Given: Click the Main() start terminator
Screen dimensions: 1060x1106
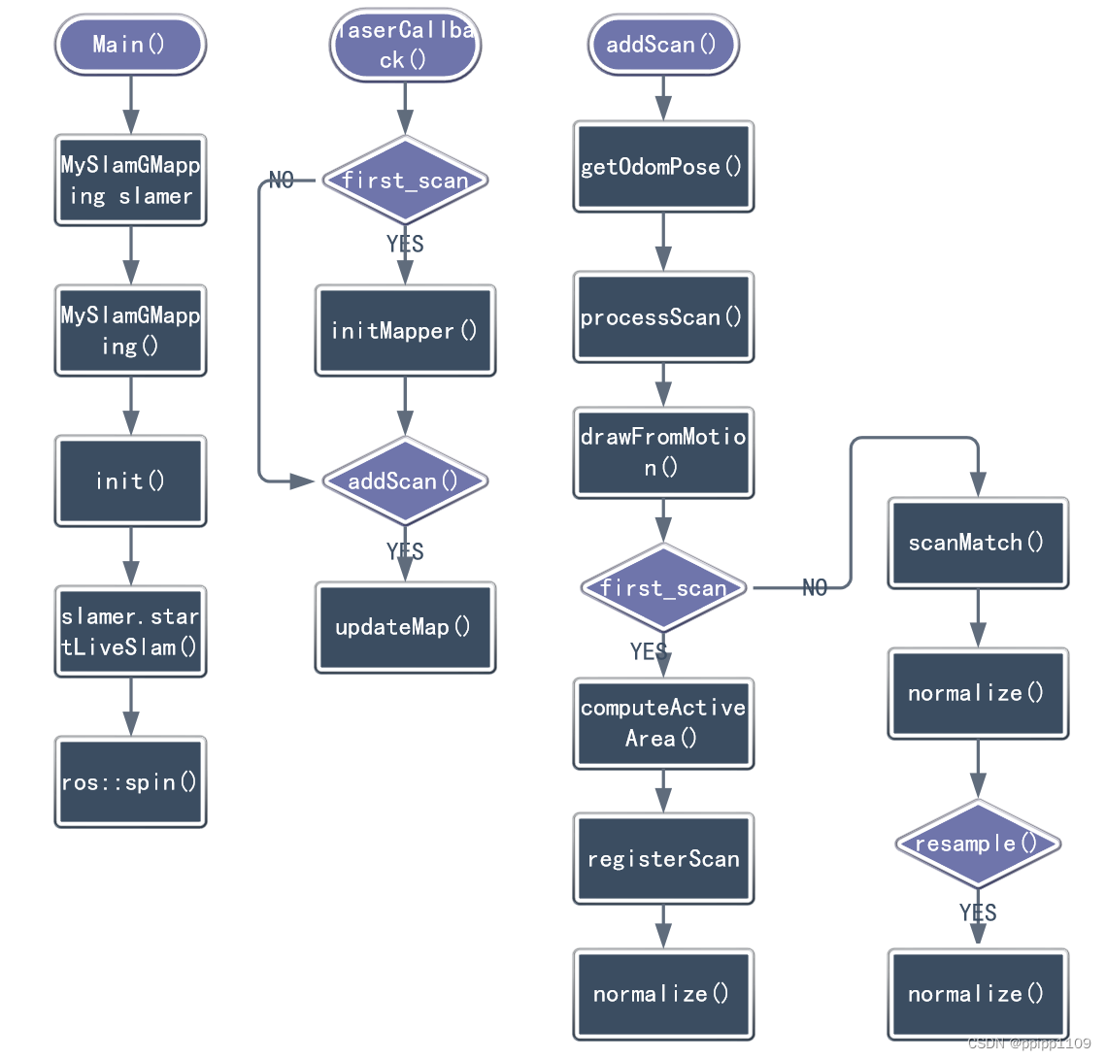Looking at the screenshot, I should point(130,45).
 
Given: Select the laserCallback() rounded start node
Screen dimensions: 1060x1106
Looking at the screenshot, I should point(405,45).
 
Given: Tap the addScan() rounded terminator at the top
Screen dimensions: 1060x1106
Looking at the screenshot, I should point(663,45).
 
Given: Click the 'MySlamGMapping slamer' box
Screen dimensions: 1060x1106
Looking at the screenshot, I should point(130,181).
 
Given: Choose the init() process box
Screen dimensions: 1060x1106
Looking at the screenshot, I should point(130,481).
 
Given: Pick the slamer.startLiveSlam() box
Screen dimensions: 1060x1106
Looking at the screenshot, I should point(130,632).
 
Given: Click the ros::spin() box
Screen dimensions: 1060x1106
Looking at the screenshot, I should point(130,782).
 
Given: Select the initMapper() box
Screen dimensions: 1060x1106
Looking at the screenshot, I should point(405,331).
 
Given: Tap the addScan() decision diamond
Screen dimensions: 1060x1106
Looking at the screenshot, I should point(405,481).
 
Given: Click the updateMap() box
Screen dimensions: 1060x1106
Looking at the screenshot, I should point(405,628).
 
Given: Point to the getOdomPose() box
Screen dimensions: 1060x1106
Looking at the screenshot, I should point(663,167).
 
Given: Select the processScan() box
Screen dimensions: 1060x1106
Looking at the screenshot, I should point(663,317).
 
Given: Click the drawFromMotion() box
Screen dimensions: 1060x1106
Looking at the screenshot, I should point(663,452).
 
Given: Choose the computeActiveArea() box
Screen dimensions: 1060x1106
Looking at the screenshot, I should point(663,723).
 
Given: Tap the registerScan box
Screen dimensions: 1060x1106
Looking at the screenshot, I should point(663,859).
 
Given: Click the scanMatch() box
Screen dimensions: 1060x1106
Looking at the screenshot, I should point(978,543).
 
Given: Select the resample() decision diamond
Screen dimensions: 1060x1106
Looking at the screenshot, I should point(978,844).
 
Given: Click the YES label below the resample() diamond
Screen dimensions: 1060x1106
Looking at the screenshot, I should point(978,912).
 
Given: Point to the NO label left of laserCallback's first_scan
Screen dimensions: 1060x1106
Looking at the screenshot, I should point(282,181).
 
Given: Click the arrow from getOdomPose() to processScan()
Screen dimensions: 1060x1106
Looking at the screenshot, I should point(663,242).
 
